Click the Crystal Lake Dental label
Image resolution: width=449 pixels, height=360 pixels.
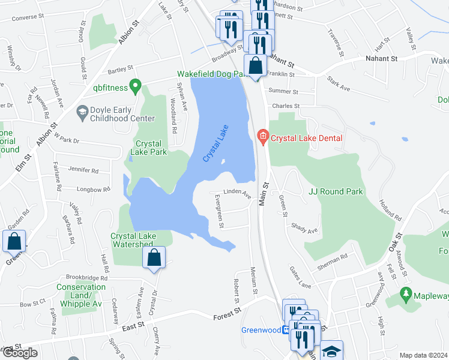[306, 138]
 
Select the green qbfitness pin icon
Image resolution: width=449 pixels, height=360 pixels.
[136, 87]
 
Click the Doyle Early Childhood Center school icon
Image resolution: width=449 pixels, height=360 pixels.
[82, 112]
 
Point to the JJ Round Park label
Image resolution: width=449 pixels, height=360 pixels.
[335, 191]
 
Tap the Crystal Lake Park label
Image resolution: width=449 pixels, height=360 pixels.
[151, 148]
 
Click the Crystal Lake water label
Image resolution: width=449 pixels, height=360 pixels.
[216, 147]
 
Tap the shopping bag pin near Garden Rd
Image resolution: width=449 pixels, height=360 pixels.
[14, 241]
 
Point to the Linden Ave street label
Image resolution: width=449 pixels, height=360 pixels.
[237, 193]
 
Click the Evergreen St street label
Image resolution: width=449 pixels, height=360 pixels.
[220, 211]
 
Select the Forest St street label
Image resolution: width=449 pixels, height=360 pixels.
[229, 312]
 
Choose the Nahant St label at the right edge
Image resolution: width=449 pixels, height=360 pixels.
[382, 59]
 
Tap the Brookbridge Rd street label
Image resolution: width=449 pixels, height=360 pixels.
[87, 278]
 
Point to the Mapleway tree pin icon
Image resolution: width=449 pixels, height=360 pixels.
[406, 293]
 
